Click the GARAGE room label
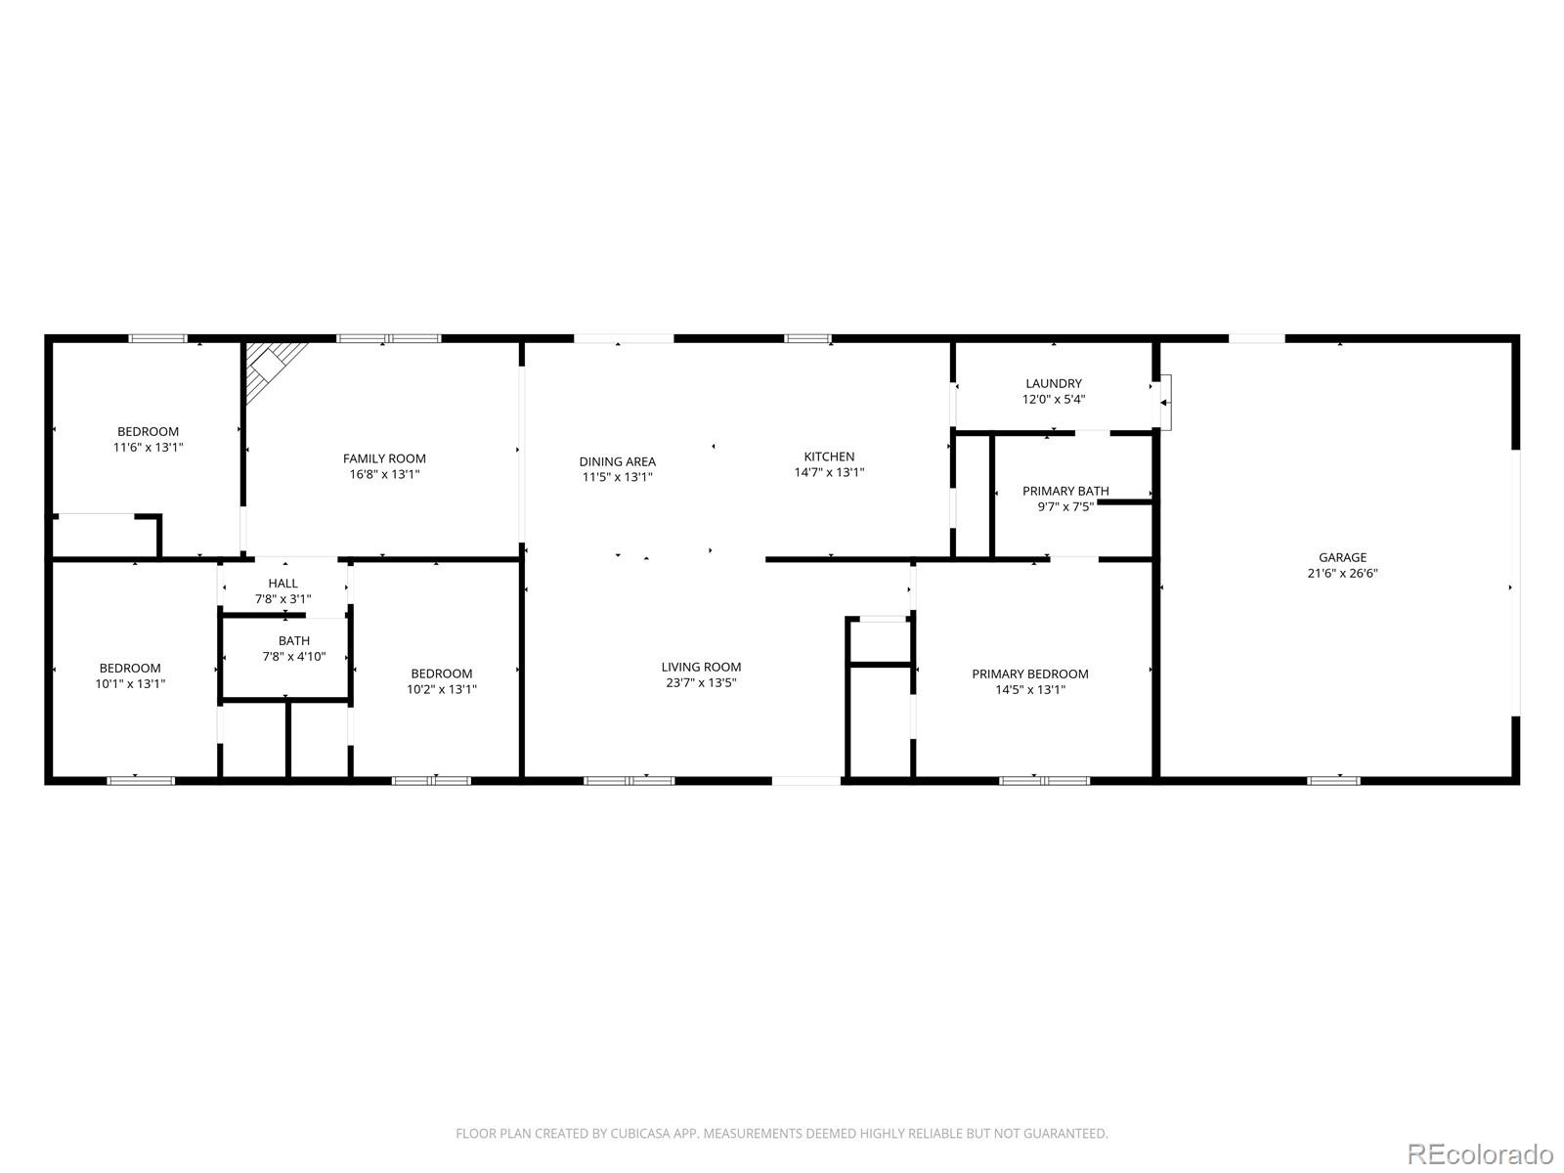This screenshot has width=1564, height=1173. click(1342, 557)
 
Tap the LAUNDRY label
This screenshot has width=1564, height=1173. click(1053, 384)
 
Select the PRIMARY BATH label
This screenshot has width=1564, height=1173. click(1065, 491)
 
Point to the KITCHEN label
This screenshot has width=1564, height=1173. click(829, 456)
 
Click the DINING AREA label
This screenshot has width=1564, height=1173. click(617, 461)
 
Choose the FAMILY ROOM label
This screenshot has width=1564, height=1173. click(384, 458)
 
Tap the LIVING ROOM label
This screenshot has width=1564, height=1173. click(701, 667)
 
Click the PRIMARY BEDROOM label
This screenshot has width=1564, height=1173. click(1030, 673)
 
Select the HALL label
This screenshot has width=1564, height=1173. click(282, 584)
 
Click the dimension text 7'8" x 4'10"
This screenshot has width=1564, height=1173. click(294, 656)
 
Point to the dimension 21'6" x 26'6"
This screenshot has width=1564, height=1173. click(1342, 574)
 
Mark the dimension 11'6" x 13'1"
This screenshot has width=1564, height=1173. click(149, 448)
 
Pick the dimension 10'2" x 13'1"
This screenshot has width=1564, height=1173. click(442, 689)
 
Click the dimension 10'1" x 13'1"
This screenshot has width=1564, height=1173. click(130, 683)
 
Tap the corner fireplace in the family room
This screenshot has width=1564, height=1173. click(270, 367)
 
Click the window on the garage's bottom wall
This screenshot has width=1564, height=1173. click(1333, 781)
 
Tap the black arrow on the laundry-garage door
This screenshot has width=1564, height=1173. click(1163, 403)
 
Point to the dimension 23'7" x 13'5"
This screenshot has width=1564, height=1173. click(701, 682)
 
